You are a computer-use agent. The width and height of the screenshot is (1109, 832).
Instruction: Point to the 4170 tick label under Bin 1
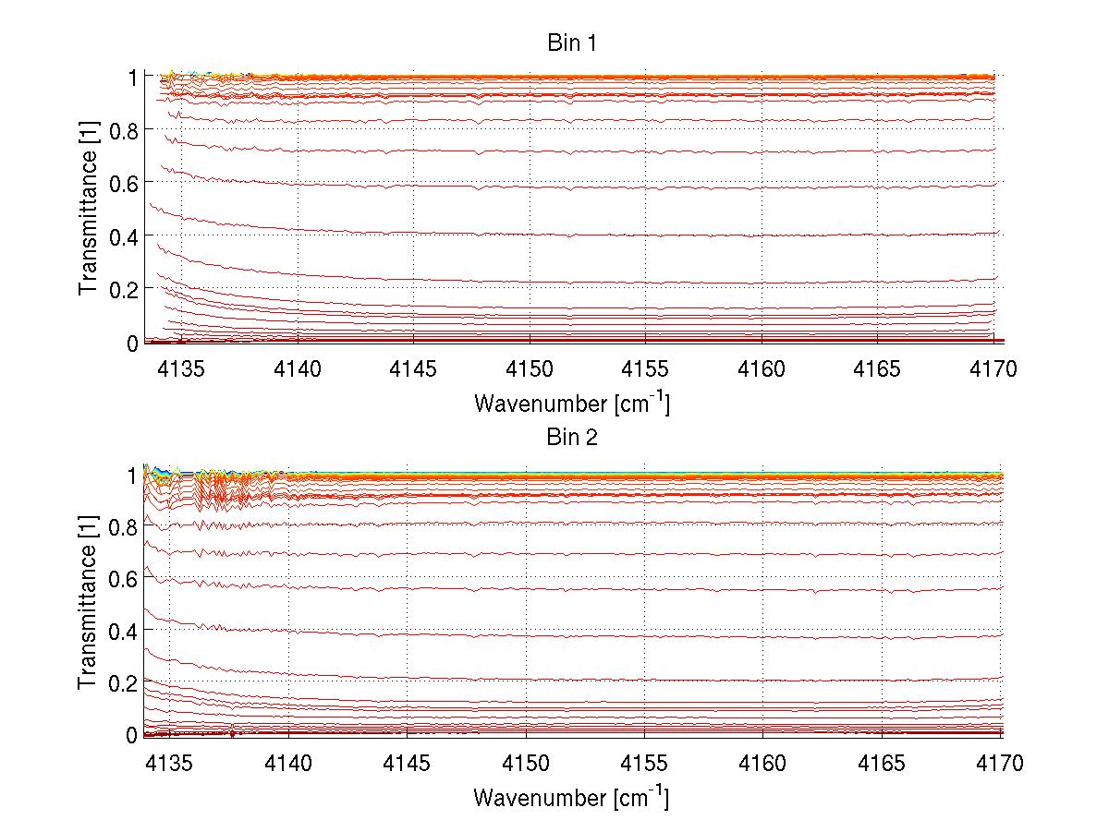pos(993,369)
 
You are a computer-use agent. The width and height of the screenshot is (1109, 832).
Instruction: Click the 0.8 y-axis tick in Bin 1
pos(123,131)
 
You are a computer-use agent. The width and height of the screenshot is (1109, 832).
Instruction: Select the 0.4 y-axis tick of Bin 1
pos(123,236)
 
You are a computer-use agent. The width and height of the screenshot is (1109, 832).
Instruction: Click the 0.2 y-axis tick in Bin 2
pos(123,681)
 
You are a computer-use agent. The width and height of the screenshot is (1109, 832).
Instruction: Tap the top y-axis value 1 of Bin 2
pos(132,475)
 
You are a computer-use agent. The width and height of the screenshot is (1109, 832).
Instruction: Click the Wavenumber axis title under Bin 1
pos(571,403)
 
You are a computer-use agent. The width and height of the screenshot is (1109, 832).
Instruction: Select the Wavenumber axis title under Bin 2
pos(571,796)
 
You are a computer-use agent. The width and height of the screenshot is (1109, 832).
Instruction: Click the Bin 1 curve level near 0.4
pos(647,234)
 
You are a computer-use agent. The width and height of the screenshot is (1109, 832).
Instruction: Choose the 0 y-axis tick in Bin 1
pos(132,343)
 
